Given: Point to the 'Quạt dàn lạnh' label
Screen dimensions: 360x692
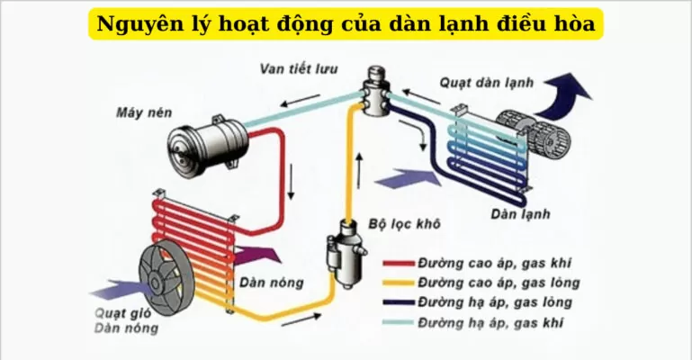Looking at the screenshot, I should tap(487, 83).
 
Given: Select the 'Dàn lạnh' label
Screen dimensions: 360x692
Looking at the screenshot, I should tap(520, 215).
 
